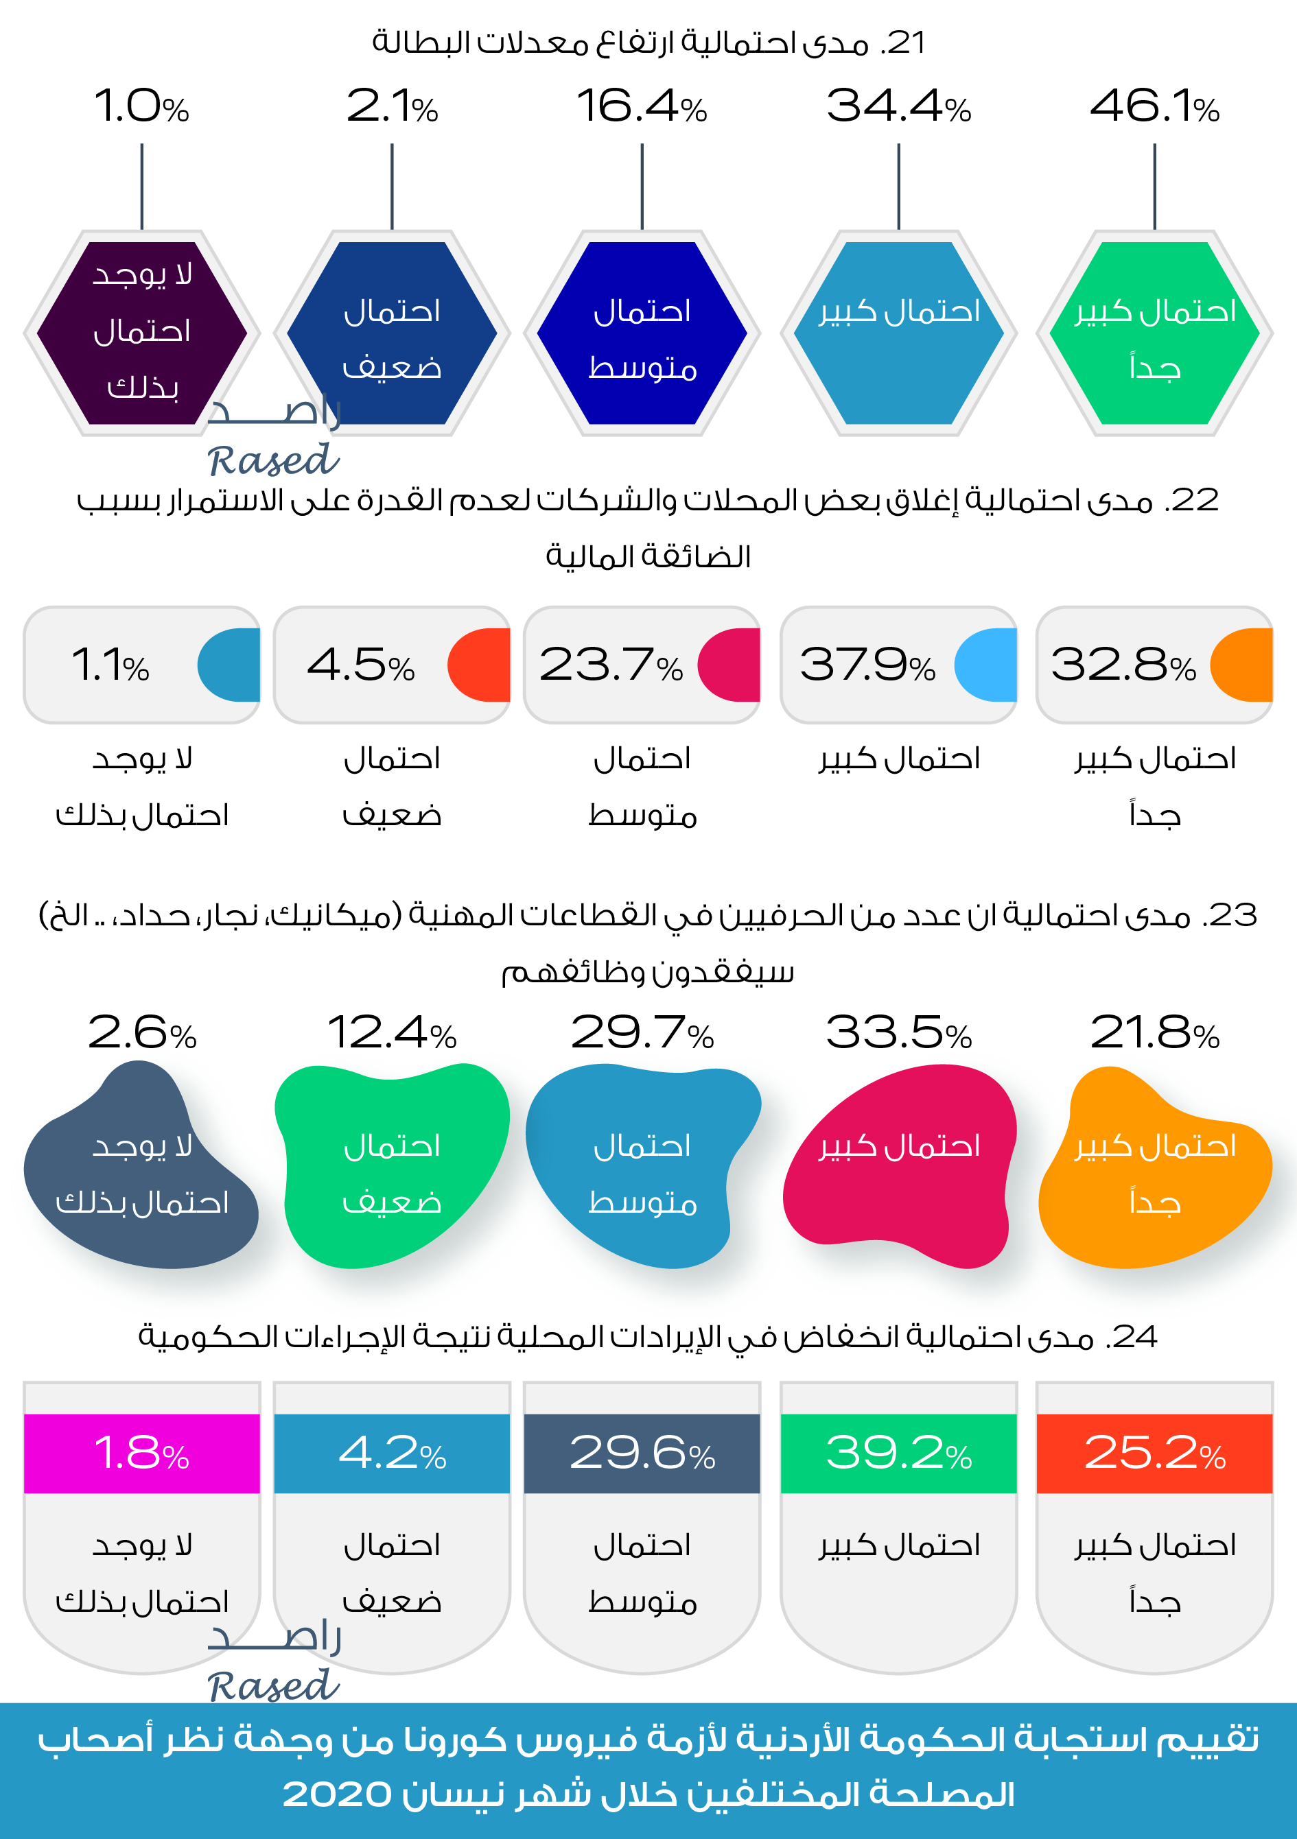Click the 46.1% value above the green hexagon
click(1154, 106)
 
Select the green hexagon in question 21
click(1154, 333)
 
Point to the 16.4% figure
click(641, 106)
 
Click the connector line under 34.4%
click(898, 186)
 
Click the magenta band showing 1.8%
click(142, 1453)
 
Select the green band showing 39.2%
click(898, 1453)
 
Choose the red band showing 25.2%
click(1154, 1453)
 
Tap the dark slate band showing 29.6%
click(641, 1453)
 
